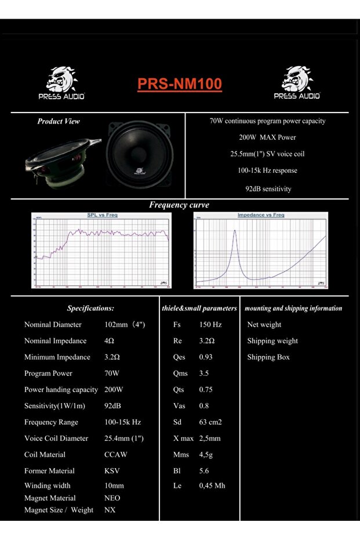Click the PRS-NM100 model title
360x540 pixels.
click(x=180, y=85)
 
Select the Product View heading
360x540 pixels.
click(x=59, y=121)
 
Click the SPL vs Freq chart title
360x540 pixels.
click(x=102, y=215)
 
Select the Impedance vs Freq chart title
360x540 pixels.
click(x=261, y=215)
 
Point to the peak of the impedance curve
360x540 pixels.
click(x=235, y=231)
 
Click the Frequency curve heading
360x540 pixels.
click(x=179, y=205)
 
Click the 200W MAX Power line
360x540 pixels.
click(x=267, y=137)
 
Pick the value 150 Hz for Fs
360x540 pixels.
click(x=210, y=325)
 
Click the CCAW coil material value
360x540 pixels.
click(x=116, y=455)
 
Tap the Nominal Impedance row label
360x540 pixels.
click(x=55, y=341)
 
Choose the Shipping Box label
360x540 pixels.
click(x=268, y=357)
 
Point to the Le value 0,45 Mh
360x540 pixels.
click(x=212, y=485)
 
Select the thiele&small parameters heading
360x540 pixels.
click(x=199, y=309)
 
